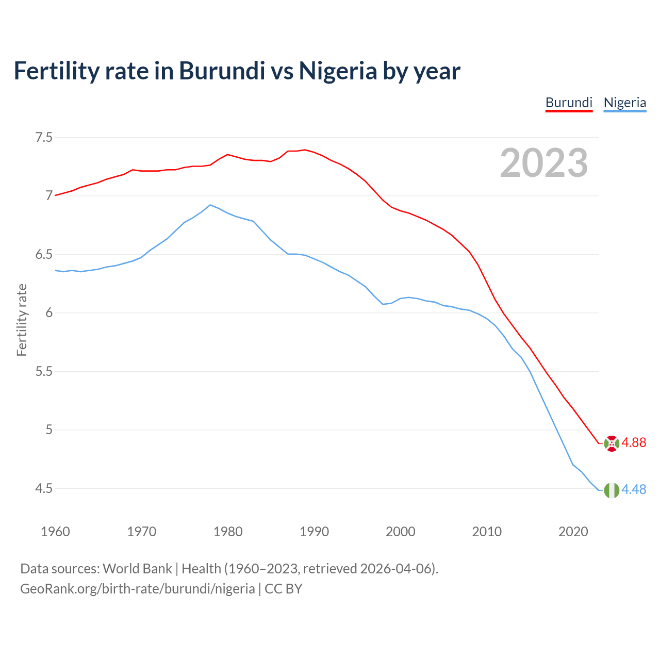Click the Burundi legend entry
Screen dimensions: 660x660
569,103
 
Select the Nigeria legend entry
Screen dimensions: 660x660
624,103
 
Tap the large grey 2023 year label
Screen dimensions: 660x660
544,163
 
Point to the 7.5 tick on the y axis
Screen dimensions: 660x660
44,138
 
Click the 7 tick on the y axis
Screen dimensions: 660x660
49,196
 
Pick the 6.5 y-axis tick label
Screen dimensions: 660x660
44,255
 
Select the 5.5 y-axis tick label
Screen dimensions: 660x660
44,371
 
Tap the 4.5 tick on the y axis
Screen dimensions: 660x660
44,488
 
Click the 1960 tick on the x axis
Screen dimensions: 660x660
55,532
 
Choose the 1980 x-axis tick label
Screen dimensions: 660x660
228,532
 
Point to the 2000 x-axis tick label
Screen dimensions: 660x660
400,532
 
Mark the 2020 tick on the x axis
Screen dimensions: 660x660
573,532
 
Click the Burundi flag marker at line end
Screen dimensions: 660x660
612,443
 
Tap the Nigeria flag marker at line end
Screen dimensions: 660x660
612,490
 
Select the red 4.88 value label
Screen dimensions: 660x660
634,443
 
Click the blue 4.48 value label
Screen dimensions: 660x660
634,489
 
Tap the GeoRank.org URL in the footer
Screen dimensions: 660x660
137,589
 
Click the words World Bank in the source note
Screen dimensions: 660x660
137,569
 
